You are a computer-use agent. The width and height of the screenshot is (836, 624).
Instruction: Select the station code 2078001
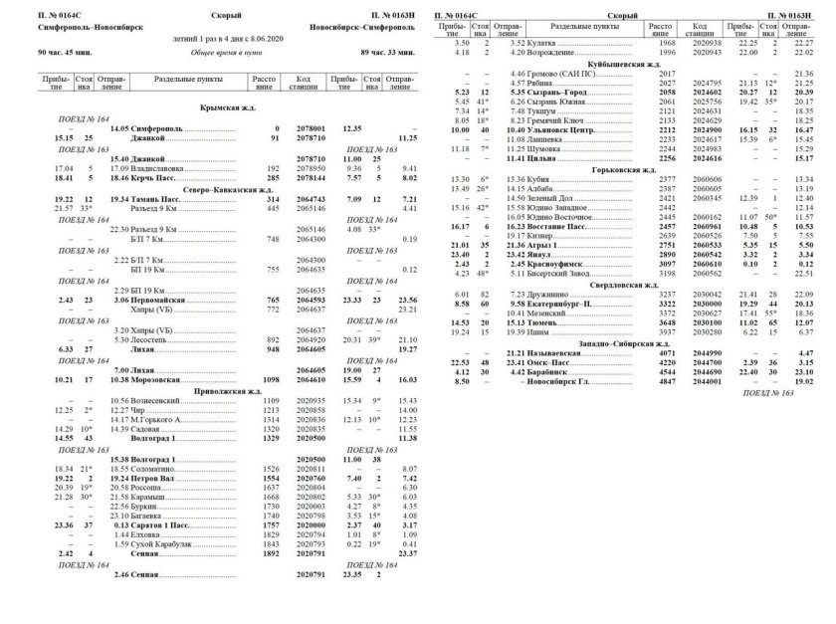[x=312, y=128]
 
